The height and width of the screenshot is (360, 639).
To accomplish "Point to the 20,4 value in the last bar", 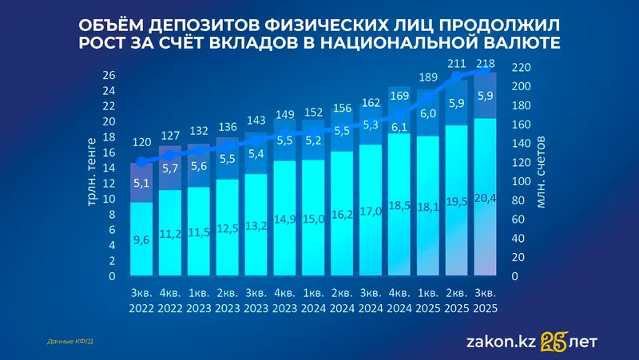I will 486,198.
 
